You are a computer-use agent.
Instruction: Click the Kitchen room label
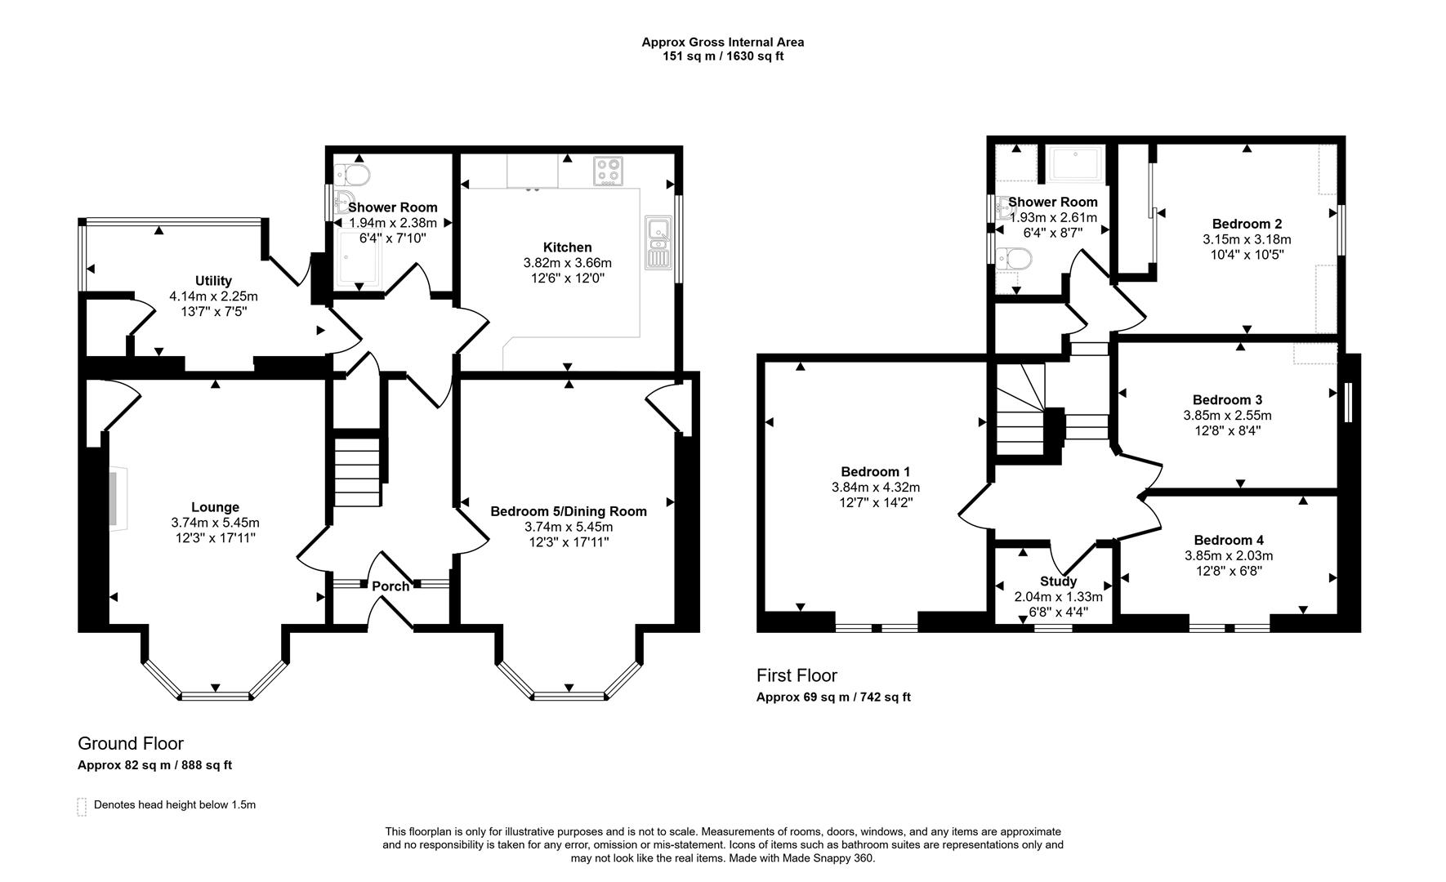click(x=567, y=247)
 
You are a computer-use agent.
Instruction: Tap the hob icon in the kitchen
click(x=607, y=171)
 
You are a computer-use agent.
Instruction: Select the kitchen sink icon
click(x=657, y=242)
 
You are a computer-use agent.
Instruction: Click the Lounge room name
click(x=215, y=507)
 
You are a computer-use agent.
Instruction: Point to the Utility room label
click(x=213, y=281)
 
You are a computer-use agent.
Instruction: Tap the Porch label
click(x=391, y=586)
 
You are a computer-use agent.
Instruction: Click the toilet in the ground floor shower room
click(x=353, y=174)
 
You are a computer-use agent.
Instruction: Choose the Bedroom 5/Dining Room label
click(x=569, y=511)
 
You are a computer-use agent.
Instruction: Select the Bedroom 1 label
click(x=876, y=471)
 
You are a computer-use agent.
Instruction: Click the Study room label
click(x=1058, y=581)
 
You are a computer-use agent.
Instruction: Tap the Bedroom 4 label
click(x=1229, y=540)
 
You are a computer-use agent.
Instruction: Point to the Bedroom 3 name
click(x=1227, y=399)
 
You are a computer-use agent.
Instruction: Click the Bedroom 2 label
click(x=1247, y=224)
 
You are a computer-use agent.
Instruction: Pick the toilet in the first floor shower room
click(x=1015, y=259)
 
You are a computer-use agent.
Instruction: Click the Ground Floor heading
click(x=131, y=743)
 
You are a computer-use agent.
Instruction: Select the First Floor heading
click(x=797, y=675)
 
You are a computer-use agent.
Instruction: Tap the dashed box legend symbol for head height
click(x=82, y=806)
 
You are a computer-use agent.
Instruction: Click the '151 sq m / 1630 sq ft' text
click(x=723, y=56)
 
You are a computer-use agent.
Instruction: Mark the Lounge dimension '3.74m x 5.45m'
click(x=215, y=523)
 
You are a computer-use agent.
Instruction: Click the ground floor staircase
click(x=357, y=472)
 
